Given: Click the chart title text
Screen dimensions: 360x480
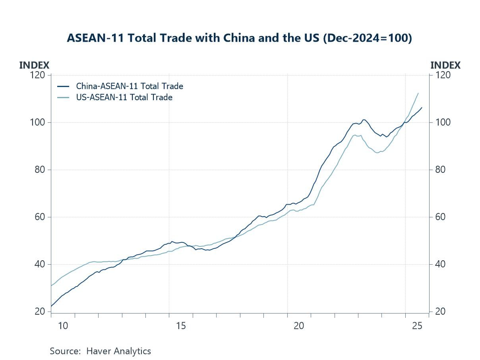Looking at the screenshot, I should click(x=239, y=38).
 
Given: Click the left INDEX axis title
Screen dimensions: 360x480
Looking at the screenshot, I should click(x=34, y=65).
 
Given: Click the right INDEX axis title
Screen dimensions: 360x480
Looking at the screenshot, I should click(x=445, y=65).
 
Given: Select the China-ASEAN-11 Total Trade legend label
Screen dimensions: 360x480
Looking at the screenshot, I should click(x=130, y=86).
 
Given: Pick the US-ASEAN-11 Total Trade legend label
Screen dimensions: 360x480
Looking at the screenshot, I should click(x=124, y=97).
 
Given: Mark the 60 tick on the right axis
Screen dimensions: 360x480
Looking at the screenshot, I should click(x=440, y=217).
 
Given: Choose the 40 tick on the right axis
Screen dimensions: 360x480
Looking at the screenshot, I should click(x=440, y=264).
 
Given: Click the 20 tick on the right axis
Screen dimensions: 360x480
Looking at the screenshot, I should click(x=440, y=312).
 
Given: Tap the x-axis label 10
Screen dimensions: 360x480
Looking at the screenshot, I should click(x=63, y=326).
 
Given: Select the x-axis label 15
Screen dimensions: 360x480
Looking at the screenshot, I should click(x=181, y=326).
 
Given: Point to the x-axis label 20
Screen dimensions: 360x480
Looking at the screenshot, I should click(x=299, y=326).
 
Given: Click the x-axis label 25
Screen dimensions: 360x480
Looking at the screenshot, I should click(x=417, y=326).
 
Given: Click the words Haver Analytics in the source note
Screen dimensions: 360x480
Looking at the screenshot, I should click(x=118, y=351).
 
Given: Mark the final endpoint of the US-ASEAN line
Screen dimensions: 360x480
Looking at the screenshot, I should click(x=418, y=93).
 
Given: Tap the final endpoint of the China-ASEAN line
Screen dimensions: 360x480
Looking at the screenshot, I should click(x=422, y=107).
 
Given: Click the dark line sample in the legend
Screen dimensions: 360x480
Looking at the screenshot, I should click(x=63, y=86).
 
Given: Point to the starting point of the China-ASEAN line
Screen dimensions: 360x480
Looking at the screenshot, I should click(x=51, y=306).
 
